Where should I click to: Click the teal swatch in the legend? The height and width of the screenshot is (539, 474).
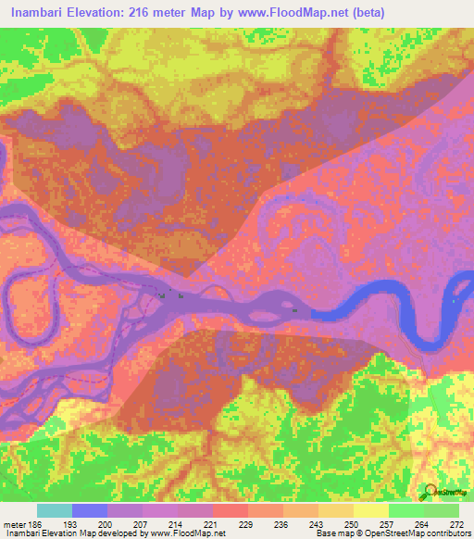pyautogui.click(x=55, y=510)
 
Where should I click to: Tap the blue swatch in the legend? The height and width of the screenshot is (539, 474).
pyautogui.click(x=90, y=510)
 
